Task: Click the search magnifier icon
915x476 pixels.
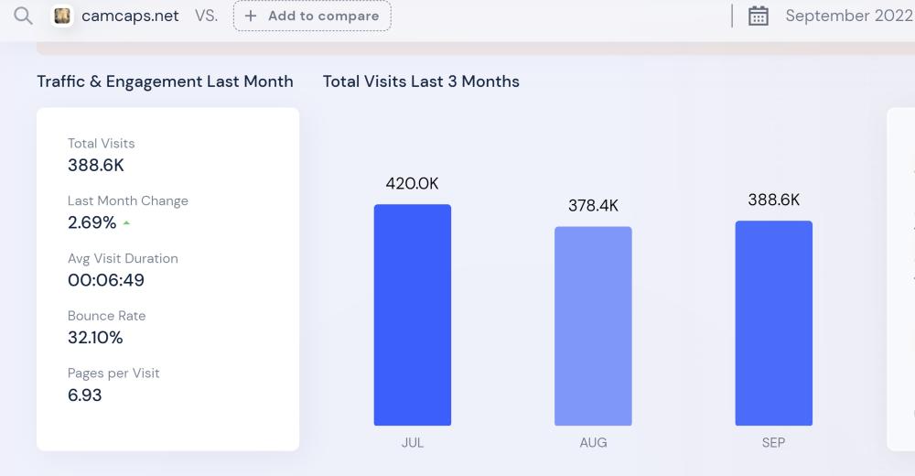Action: [23, 16]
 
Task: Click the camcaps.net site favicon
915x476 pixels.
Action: [62, 16]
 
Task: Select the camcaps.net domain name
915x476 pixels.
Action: [130, 16]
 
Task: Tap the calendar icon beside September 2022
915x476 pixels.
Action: [759, 16]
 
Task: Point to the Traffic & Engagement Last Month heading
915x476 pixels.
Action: [165, 81]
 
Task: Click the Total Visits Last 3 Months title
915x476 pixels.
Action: [421, 81]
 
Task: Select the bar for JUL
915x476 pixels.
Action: [413, 315]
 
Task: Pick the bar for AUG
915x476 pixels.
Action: [593, 326]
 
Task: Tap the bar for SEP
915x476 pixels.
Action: [773, 323]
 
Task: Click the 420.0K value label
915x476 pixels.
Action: [413, 183]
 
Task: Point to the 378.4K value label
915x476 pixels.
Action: [593, 206]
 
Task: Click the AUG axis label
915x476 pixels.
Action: [593, 442]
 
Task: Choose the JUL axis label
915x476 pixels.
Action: [413, 442]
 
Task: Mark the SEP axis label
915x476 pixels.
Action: [773, 442]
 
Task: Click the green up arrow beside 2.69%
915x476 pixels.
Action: [126, 222]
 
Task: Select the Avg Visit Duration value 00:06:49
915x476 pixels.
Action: [106, 280]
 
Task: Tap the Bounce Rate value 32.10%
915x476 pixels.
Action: [95, 338]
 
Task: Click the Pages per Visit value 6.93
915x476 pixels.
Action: [85, 395]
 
